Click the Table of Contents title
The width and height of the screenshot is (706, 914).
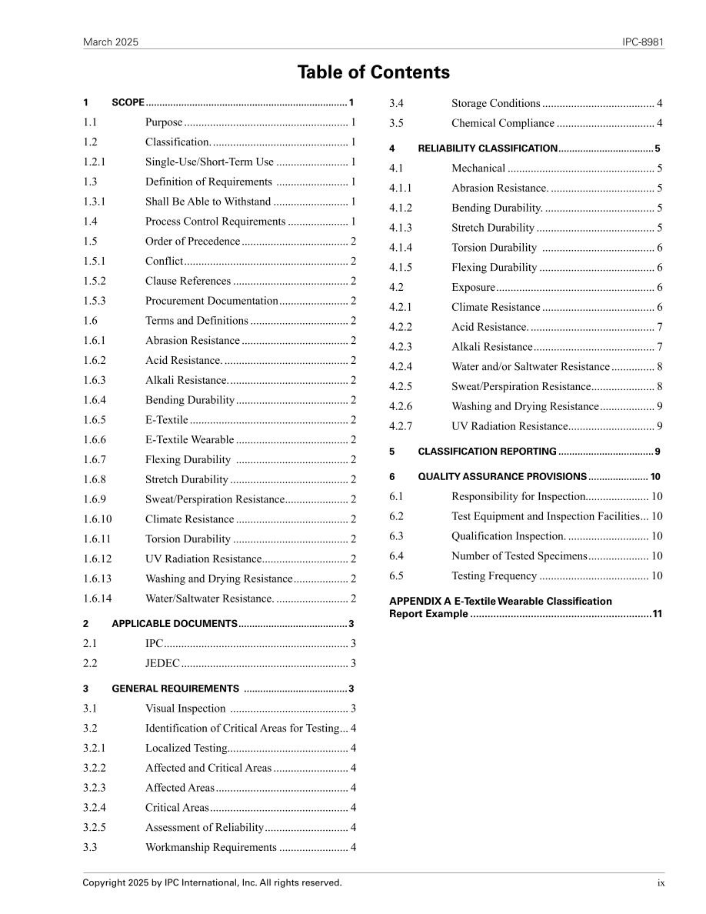[x=373, y=72]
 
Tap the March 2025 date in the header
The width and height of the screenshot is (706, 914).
[x=111, y=42]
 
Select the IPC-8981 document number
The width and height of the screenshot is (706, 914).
[x=643, y=42]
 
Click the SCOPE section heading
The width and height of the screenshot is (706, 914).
[x=128, y=102]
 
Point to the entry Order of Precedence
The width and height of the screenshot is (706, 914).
[x=192, y=242]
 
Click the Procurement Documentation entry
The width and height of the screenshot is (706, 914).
[x=211, y=301]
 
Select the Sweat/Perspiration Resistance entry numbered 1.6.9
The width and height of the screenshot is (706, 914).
[x=215, y=499]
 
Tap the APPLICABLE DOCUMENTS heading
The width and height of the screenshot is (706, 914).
[x=175, y=624]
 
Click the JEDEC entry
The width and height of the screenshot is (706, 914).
[x=162, y=663]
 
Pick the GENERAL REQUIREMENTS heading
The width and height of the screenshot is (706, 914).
[x=175, y=689]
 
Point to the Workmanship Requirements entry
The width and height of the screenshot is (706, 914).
[x=211, y=848]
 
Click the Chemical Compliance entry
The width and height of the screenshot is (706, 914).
[x=502, y=123]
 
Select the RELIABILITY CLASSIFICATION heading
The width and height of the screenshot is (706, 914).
[x=488, y=148]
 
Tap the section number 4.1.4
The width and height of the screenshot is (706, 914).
[x=401, y=248]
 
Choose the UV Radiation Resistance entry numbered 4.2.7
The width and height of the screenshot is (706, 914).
[x=509, y=426]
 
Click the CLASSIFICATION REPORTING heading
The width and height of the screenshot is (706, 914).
[x=487, y=452]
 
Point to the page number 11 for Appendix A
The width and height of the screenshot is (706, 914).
[x=657, y=614]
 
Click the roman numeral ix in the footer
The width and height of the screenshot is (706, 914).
[x=661, y=883]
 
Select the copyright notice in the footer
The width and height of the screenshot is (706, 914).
[x=212, y=883]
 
